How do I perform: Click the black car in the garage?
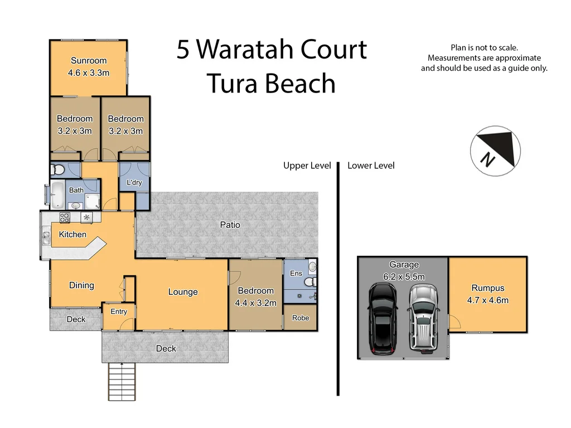coord(382,318)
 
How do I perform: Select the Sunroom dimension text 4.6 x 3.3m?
coord(88,73)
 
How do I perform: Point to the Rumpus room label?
coord(487,288)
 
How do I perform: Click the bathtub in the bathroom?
coord(57,195)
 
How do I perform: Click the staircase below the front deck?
coord(121,381)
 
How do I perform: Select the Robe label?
coord(301,318)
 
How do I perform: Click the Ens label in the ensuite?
coord(296,273)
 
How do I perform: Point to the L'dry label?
coord(134,183)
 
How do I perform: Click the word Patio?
coord(230,225)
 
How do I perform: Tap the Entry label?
coord(119,312)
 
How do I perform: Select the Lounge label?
coord(183,292)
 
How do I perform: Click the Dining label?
coord(81,285)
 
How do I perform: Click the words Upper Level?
coord(307,166)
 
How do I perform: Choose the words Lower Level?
coord(371,166)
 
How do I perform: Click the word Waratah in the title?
coord(245,50)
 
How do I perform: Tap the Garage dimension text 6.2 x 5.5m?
coord(404,277)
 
